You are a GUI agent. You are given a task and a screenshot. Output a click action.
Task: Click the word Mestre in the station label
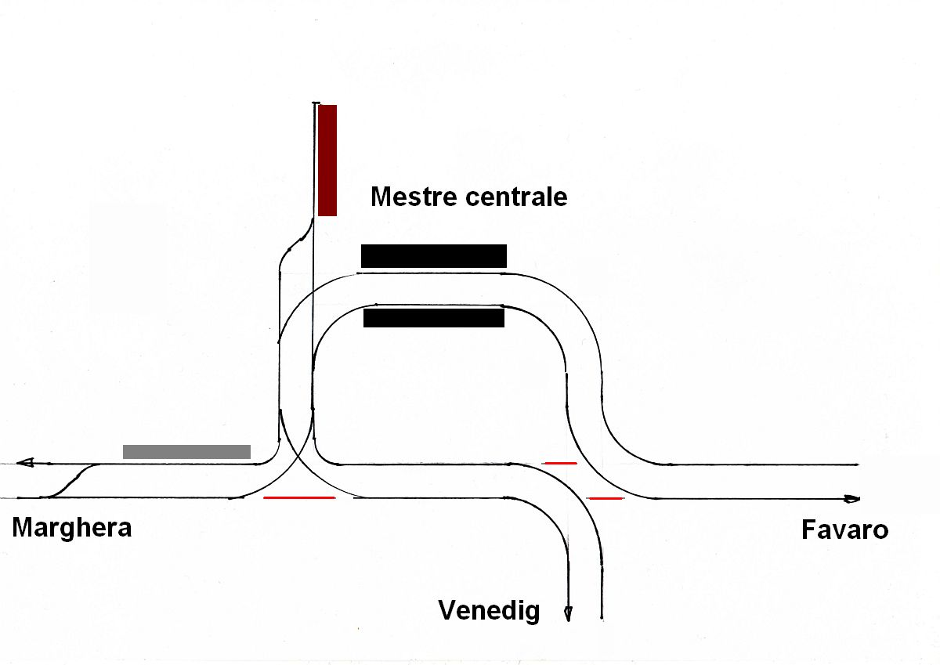414,196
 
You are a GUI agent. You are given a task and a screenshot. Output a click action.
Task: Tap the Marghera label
72,528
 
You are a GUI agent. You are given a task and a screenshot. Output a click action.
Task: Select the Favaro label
844,530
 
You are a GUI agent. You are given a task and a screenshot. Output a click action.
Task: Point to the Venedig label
489,610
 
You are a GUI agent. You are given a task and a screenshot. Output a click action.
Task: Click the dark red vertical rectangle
327,160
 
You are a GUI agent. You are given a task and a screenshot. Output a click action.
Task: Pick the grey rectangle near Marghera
186,451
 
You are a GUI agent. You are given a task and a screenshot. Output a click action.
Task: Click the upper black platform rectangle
434,256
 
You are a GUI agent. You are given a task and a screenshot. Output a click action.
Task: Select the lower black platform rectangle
434,318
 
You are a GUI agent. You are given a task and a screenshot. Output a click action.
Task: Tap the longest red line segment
299,497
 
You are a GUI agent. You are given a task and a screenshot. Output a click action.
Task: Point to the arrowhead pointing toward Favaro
851,499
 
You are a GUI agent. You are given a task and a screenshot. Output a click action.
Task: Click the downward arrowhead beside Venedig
569,614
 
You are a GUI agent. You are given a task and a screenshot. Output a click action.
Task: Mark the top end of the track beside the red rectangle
315,103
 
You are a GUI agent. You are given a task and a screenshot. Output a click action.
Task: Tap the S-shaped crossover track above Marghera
71,479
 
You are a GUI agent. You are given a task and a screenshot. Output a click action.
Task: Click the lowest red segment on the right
605,498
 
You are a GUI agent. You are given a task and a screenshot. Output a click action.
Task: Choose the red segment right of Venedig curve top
560,463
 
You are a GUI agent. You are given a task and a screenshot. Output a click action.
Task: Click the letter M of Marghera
23,528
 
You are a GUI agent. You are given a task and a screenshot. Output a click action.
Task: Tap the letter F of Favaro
808,530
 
